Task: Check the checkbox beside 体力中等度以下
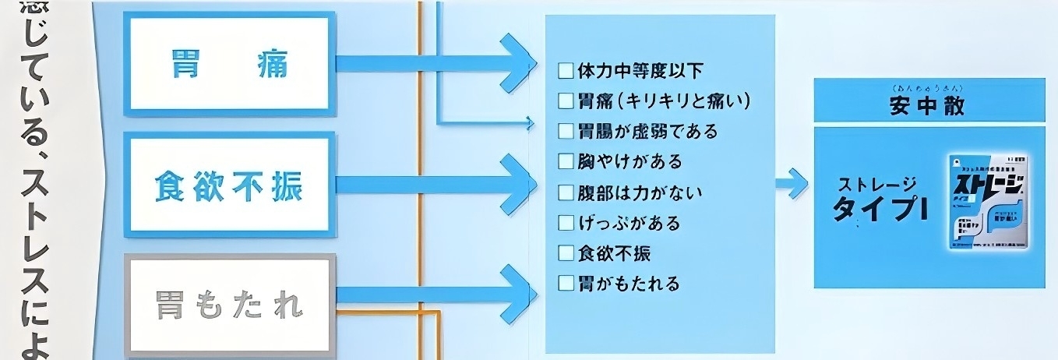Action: pyautogui.click(x=566, y=72)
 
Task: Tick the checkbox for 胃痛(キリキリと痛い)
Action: pyautogui.click(x=566, y=101)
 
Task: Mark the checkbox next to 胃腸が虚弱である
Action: pyautogui.click(x=566, y=131)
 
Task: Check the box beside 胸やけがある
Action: pyautogui.click(x=566, y=162)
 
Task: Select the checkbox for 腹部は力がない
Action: pyautogui.click(x=566, y=192)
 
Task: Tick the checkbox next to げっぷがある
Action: pyautogui.click(x=566, y=223)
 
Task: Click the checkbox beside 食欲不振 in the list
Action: pyautogui.click(x=566, y=253)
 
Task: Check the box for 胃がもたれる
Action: pyautogui.click(x=566, y=283)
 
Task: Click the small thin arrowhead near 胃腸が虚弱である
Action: pyautogui.click(x=531, y=122)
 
